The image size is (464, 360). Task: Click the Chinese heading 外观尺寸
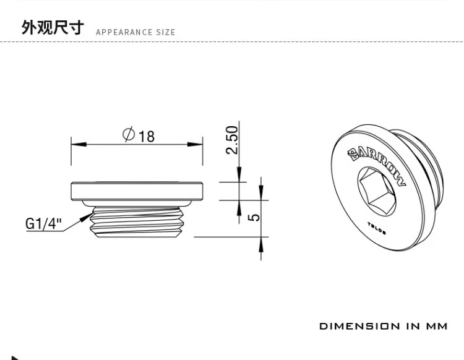click(52, 27)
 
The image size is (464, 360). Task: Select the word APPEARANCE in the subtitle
click(124, 32)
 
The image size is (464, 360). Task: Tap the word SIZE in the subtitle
click(165, 32)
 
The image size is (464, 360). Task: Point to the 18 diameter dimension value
click(147, 135)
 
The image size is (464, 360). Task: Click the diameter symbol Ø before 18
click(129, 134)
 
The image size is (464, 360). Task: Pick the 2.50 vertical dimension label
click(232, 140)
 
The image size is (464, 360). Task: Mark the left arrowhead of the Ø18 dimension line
click(75, 145)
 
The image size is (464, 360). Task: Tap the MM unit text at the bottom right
click(437, 326)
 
